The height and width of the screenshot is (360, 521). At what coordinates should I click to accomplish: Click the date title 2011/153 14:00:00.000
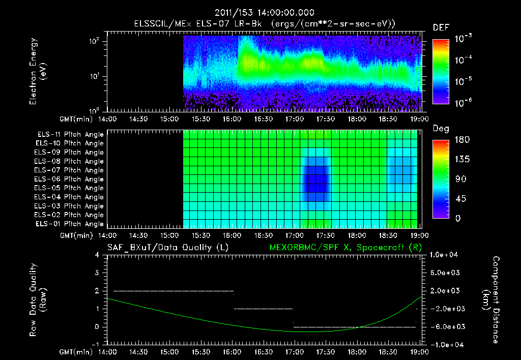click(x=264, y=13)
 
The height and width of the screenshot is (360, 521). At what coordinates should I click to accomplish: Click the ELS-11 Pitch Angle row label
click(x=70, y=134)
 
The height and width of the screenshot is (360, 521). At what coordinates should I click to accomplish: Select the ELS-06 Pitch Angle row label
click(x=70, y=179)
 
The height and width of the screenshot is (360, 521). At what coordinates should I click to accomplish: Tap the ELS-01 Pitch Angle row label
click(x=70, y=224)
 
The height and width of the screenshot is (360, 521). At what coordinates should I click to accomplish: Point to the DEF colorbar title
click(x=441, y=27)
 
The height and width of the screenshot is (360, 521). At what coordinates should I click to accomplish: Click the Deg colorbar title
click(x=441, y=129)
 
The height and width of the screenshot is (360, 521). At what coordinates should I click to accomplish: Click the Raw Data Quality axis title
click(x=37, y=300)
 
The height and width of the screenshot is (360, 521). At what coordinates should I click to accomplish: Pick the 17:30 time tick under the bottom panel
click(x=325, y=351)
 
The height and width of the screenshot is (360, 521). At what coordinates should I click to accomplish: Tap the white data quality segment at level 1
click(x=263, y=309)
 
